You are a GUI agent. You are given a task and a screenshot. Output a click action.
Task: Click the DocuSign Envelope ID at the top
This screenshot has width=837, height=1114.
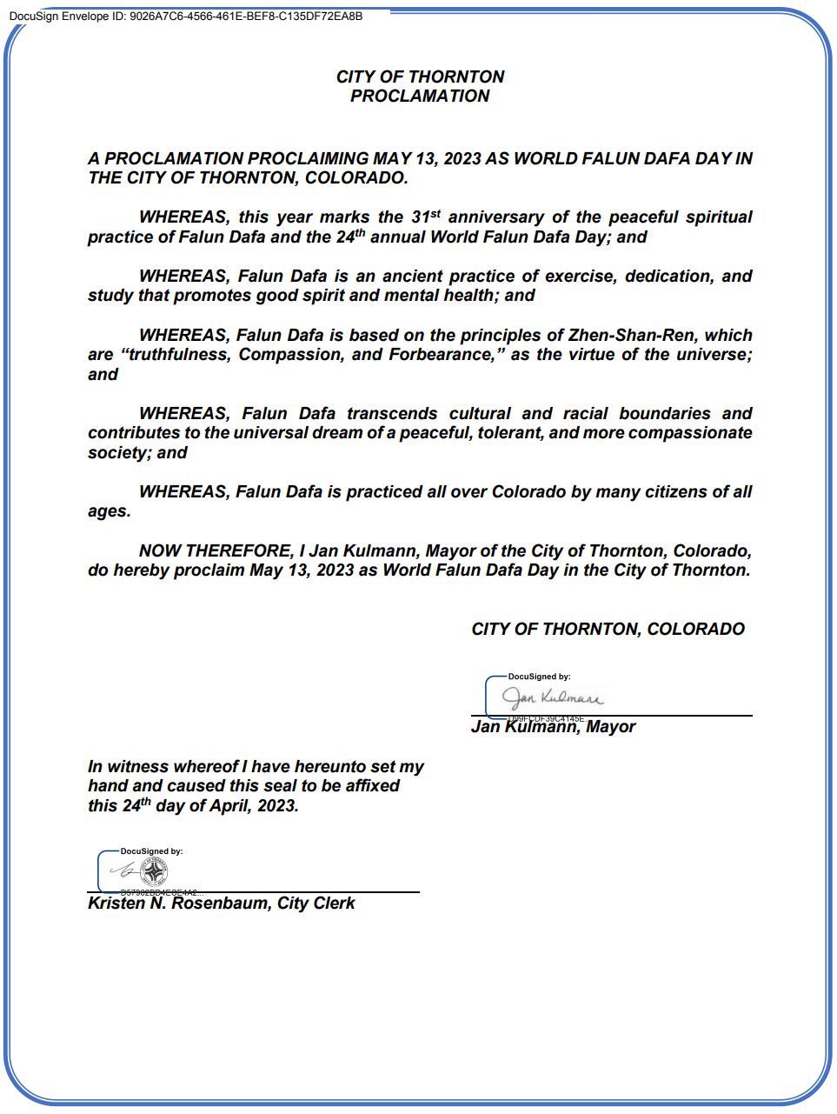[186, 17]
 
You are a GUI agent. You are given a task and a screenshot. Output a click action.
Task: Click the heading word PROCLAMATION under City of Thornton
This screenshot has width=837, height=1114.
[420, 97]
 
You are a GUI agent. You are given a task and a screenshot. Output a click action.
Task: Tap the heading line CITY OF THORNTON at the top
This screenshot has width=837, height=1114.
[420, 77]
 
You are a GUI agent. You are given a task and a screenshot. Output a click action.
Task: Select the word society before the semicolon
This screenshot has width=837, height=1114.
[117, 453]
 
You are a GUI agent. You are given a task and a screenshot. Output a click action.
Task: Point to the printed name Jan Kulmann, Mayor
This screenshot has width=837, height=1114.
[553, 727]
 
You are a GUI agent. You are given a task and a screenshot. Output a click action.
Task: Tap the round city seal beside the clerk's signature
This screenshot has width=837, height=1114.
[154, 871]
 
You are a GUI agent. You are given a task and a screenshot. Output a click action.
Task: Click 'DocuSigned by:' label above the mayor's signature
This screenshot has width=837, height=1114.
[539, 677]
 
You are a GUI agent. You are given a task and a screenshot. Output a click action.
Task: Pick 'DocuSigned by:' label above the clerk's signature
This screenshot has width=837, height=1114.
[151, 851]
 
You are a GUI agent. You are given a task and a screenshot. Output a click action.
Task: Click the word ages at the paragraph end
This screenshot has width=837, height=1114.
[108, 511]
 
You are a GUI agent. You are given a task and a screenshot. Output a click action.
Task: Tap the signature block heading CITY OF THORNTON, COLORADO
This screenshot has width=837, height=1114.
[608, 630]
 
